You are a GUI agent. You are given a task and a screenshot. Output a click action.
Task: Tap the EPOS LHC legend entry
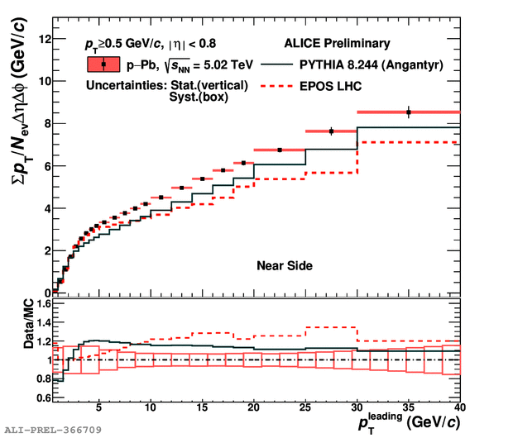pyautogui.click(x=335, y=85)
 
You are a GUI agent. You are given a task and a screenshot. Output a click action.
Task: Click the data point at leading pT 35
pyautogui.click(x=409, y=112)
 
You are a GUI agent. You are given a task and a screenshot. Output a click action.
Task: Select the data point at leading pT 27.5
pyautogui.click(x=331, y=131)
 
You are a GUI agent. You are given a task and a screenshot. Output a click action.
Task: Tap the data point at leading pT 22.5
pyautogui.click(x=280, y=150)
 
